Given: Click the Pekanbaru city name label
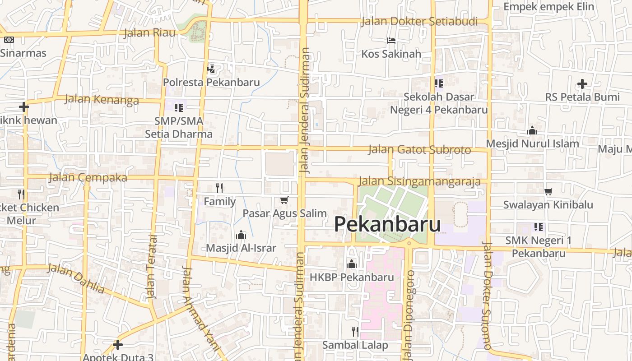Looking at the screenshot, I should pos(387,224).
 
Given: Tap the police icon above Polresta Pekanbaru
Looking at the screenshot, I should pos(211,69).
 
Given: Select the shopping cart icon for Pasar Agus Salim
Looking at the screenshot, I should pos(284,200).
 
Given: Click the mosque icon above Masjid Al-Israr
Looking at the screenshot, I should pos(241,235).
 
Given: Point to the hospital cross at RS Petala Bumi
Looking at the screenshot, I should pos(582,84).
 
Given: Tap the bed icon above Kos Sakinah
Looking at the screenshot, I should pos(391,41).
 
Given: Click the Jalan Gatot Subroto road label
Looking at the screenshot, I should pos(419,149).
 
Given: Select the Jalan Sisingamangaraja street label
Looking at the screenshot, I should pos(419,181).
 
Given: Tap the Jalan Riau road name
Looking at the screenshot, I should pos(149,32).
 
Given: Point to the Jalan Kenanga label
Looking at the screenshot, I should pos(102,99).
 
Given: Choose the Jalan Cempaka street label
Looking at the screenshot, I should pos(88,177).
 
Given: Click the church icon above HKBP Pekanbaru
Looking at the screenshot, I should pos(352,264).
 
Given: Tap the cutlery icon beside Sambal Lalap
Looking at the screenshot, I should pos(355,332).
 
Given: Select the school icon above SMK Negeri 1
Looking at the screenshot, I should pos(538,227).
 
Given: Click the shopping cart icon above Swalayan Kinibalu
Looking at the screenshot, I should pos(548,191).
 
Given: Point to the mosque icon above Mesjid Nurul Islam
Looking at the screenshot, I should pos(532,131).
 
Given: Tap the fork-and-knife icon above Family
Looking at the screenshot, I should pos(219,188).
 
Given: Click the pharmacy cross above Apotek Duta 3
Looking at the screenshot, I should pos(118,345).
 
